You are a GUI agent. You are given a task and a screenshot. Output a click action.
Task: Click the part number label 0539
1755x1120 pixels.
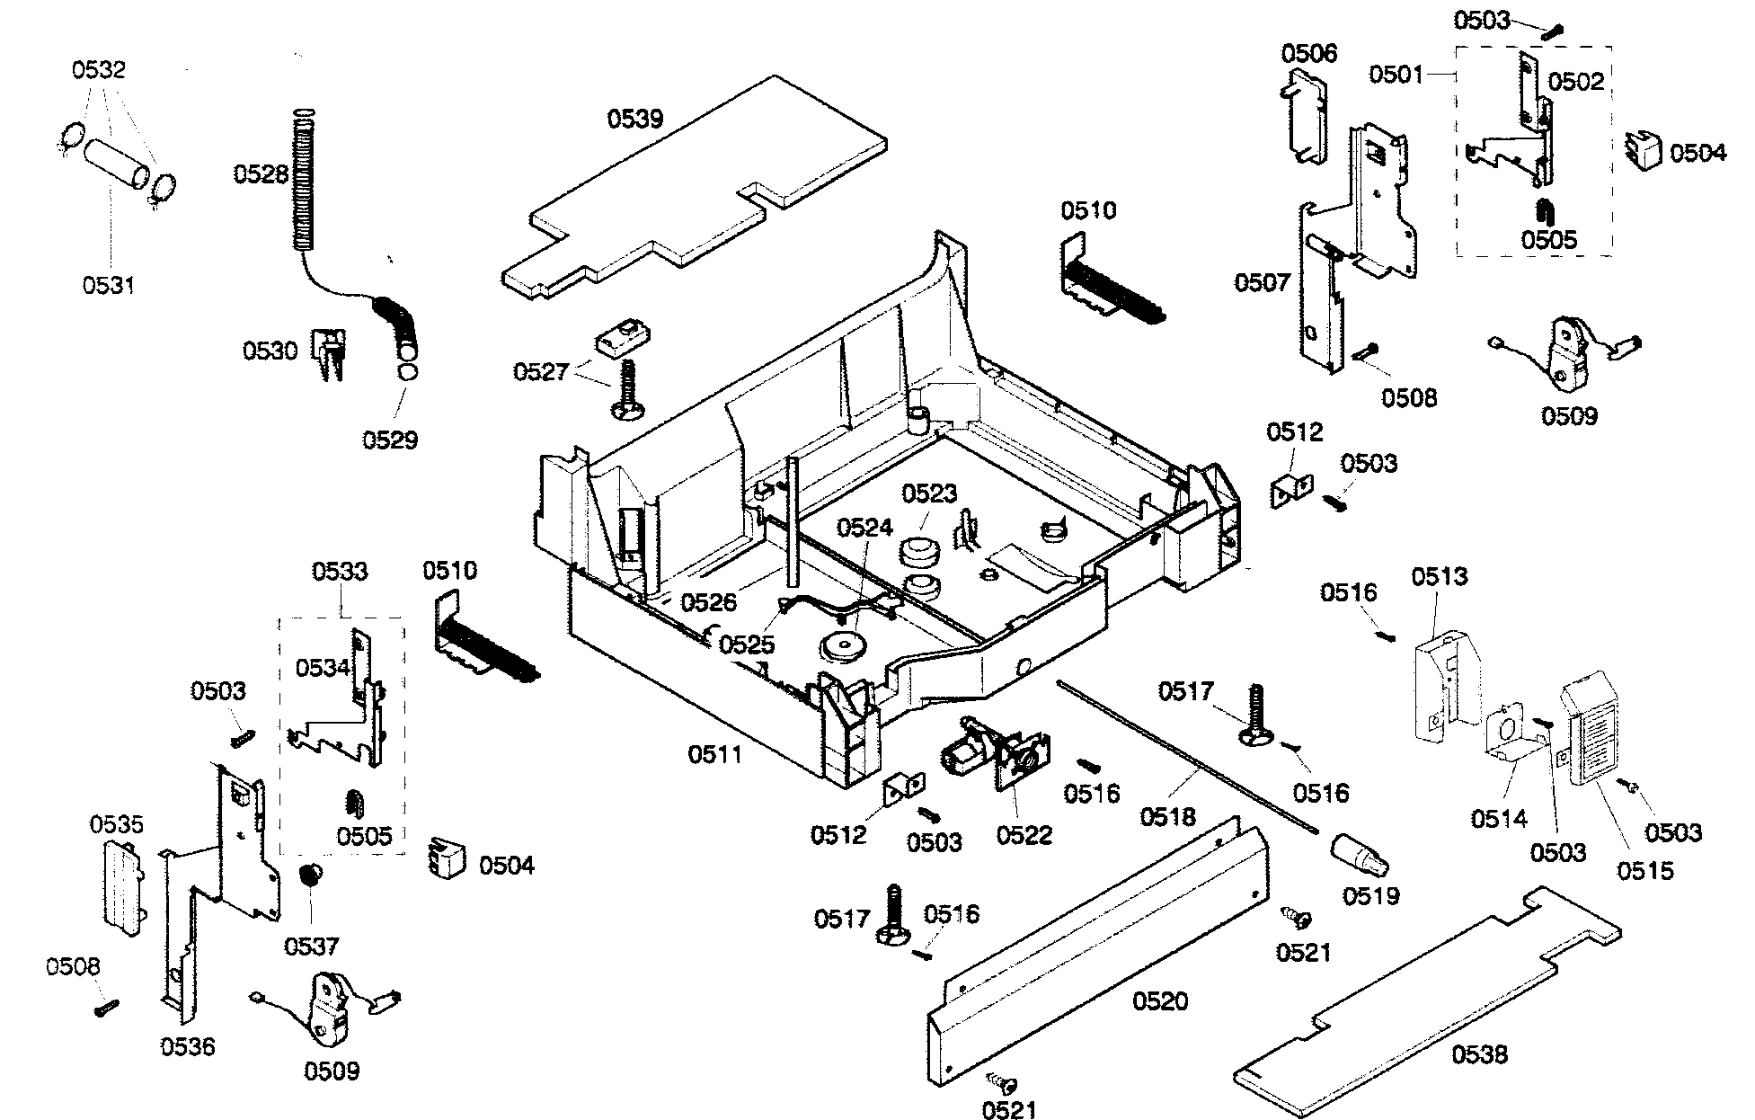[634, 120]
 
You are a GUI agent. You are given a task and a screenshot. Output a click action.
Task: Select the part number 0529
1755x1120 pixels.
[390, 440]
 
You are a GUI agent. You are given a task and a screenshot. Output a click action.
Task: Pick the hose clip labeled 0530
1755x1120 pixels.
[330, 352]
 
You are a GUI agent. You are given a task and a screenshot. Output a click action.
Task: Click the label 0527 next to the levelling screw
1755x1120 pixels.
[540, 371]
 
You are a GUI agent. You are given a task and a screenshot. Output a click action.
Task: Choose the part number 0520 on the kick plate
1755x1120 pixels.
[1160, 1000]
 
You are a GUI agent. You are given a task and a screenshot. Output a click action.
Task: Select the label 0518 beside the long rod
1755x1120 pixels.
[1168, 816]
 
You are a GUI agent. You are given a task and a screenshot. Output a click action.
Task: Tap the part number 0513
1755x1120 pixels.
[1439, 575]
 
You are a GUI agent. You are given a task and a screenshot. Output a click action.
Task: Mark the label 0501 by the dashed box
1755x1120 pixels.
[1396, 73]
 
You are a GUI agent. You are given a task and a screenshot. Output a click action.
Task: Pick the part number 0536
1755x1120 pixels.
[189, 1046]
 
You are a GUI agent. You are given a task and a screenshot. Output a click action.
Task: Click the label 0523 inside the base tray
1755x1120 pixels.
[929, 493]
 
